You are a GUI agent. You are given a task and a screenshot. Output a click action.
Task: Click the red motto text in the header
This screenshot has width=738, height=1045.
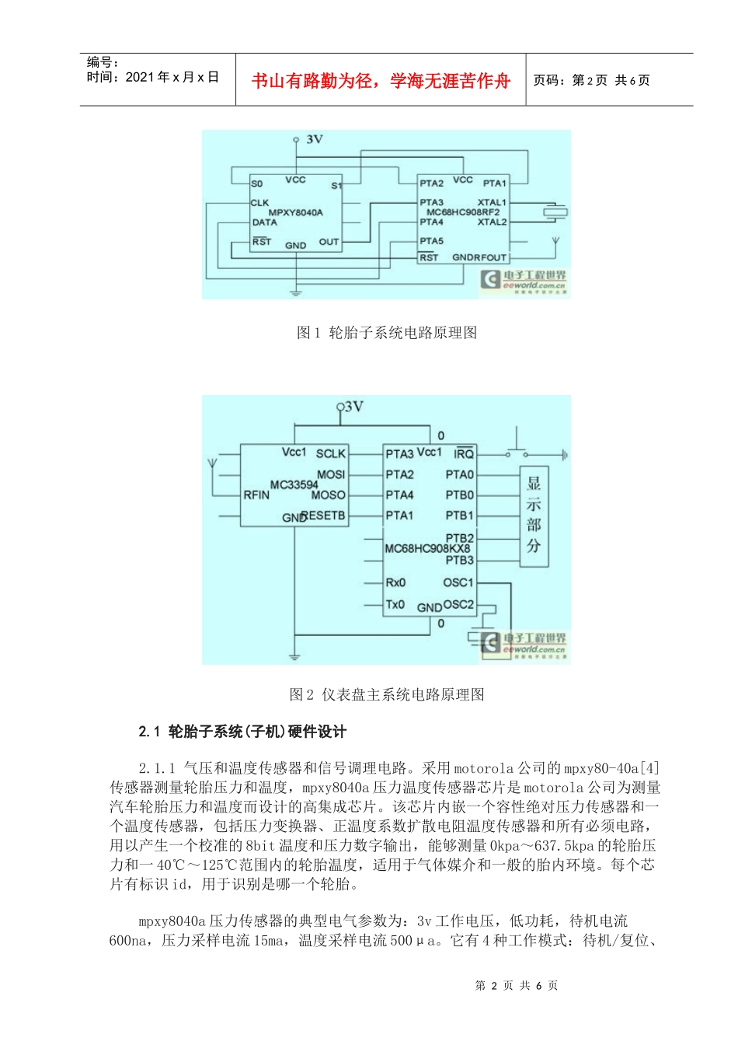(x=381, y=80)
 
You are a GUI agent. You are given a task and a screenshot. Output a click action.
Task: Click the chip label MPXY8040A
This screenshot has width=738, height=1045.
(x=295, y=212)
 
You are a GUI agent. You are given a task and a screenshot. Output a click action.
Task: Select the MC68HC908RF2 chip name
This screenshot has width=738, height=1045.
(x=463, y=211)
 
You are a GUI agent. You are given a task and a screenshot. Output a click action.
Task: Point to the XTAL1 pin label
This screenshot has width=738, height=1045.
(x=492, y=202)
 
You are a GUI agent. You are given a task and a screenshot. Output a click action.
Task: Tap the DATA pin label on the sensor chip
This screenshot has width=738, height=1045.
(x=264, y=222)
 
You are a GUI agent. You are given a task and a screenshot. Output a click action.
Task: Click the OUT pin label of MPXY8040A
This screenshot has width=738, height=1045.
(x=329, y=242)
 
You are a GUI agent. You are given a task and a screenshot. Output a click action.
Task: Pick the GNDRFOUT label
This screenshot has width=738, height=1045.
(x=479, y=257)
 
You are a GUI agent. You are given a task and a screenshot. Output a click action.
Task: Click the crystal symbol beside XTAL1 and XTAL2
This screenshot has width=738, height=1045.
(x=555, y=211)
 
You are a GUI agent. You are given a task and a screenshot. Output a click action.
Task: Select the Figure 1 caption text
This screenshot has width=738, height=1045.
(x=387, y=333)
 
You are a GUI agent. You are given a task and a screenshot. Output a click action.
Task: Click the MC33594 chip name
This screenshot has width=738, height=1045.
(x=294, y=484)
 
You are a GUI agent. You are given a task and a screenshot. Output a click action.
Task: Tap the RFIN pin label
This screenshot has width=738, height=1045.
(x=256, y=495)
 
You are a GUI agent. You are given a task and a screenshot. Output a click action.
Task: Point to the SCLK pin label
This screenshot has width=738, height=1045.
(x=331, y=454)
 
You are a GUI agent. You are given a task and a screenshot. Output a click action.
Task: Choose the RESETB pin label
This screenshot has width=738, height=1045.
(x=323, y=516)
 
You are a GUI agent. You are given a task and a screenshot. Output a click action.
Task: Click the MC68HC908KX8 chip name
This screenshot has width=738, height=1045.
(x=427, y=548)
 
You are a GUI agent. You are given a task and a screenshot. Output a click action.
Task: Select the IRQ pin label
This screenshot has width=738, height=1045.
(x=464, y=454)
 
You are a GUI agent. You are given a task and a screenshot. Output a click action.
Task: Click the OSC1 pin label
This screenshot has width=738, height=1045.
(x=458, y=582)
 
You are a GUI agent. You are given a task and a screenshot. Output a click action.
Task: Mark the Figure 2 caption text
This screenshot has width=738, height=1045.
(x=387, y=694)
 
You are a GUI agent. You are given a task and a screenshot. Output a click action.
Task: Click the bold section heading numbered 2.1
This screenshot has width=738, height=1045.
(x=242, y=731)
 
